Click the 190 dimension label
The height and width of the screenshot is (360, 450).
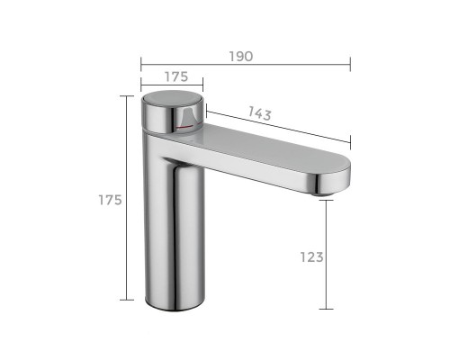pos(241,57)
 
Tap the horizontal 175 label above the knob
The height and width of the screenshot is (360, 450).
pos(176,77)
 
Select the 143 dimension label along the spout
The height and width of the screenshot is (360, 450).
pos(260,113)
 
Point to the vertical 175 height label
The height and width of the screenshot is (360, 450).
pos(110,200)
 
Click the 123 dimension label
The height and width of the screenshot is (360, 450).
pos(312,257)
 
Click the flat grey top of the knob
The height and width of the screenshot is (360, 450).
pos(173,98)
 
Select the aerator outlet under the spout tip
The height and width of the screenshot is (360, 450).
pos(322,194)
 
